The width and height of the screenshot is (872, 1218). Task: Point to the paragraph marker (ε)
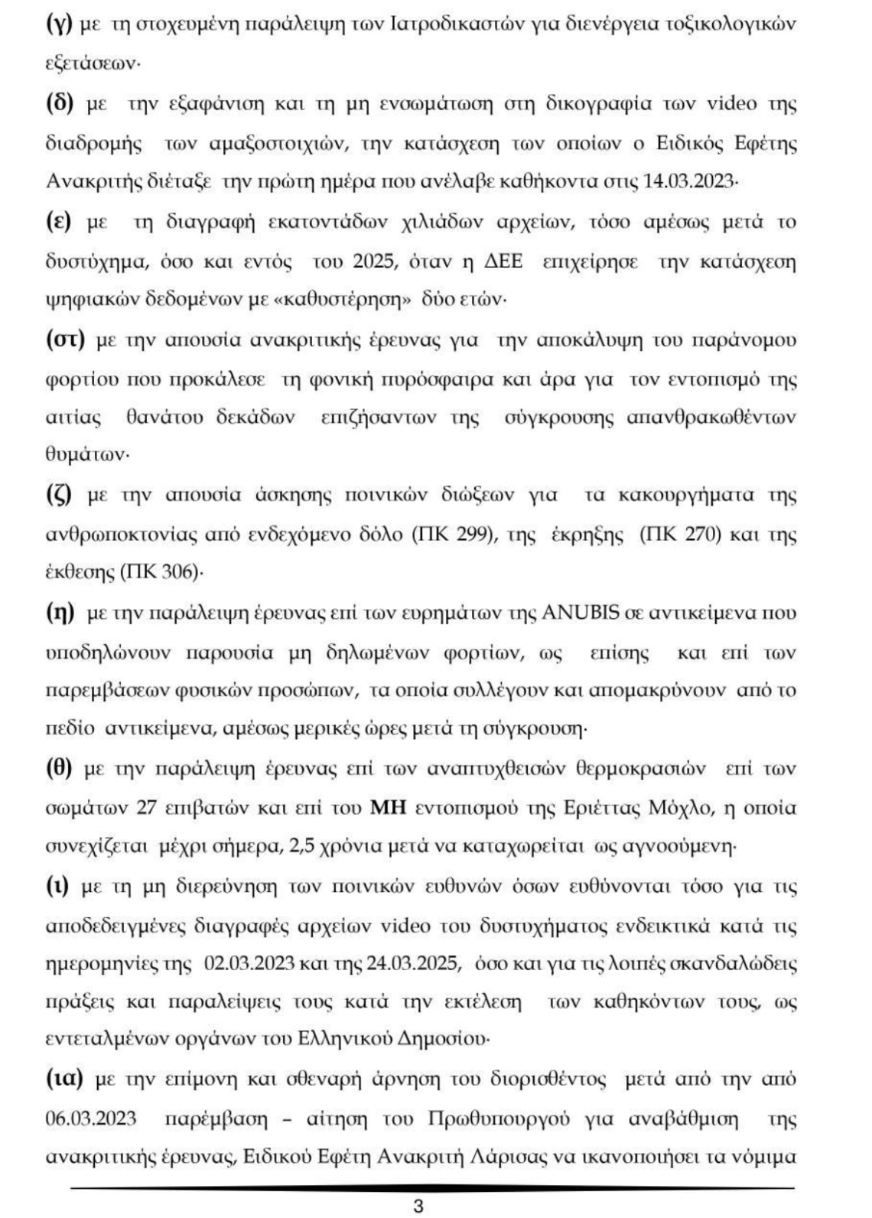coord(58,223)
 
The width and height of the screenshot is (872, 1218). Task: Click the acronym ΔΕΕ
coord(501,262)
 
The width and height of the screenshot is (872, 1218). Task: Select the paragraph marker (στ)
coord(64,340)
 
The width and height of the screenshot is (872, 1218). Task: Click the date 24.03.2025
coord(413,963)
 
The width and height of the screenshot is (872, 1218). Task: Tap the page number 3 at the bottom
coord(418,1207)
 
